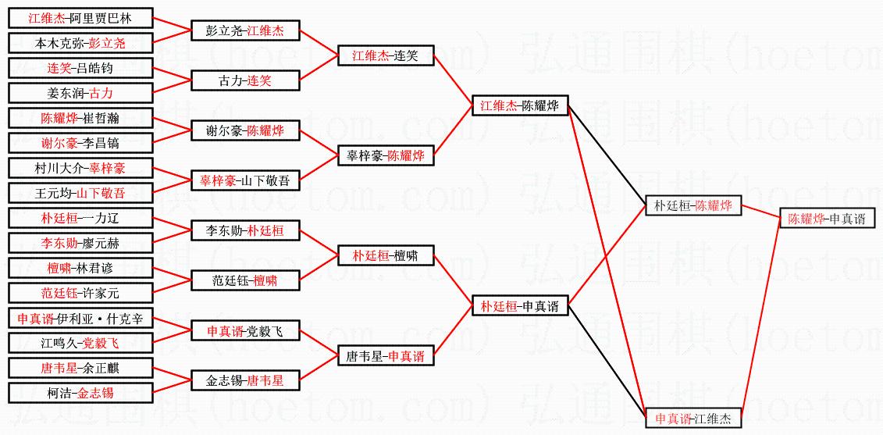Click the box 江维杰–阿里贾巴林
coord(80,18)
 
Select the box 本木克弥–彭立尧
coord(80,43)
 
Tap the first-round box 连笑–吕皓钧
coord(80,68)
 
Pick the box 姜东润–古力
coord(80,93)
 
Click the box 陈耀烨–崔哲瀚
coord(80,118)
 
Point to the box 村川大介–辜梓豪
coord(80,168)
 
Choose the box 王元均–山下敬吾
coord(80,193)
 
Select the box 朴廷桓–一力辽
coord(80,218)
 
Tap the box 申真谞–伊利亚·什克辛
coord(80,318)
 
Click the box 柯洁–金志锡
coord(80,393)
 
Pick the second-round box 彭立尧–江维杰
coord(245,31)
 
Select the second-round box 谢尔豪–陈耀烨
coord(245,131)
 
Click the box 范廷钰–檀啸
coord(245,280)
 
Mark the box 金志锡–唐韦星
coord(245,380)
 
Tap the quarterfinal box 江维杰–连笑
coord(385,55)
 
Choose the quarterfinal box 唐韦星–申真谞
coord(385,356)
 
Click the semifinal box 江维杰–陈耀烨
coord(519,105)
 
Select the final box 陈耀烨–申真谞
coord(826,219)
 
